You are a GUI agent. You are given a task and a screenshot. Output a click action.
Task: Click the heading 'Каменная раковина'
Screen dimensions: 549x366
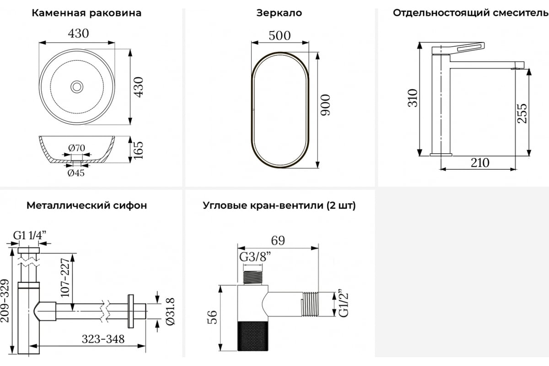[x=86, y=13]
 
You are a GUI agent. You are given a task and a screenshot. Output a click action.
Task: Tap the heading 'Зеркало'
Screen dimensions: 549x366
[x=279, y=13]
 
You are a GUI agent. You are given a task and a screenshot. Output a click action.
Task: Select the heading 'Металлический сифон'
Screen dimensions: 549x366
[x=87, y=205]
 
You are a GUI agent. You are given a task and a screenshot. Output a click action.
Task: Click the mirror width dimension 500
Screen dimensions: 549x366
[x=280, y=36]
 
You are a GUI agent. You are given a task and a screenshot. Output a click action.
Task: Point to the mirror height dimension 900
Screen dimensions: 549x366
[x=325, y=105]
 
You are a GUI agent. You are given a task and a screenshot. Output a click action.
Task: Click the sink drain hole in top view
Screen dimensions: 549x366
[x=77, y=86]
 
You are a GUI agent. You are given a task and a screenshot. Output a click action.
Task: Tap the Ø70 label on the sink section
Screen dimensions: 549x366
[x=77, y=148]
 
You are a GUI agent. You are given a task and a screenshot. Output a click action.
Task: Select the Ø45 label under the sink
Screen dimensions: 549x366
[x=76, y=173]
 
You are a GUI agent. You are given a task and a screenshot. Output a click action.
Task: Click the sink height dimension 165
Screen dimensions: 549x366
[x=138, y=150]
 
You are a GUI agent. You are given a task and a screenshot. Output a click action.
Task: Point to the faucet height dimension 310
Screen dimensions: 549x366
[x=413, y=98]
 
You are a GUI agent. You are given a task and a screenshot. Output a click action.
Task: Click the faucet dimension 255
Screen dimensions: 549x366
[x=522, y=113]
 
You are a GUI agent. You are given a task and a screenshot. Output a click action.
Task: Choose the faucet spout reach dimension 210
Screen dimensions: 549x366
[x=480, y=163]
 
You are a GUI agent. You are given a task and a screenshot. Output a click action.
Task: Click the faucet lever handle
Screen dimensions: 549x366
[x=458, y=48]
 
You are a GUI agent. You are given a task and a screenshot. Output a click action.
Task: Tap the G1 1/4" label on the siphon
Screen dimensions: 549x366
[x=29, y=235]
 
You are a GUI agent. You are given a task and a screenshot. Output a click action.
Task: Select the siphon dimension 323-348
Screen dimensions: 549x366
[x=103, y=339]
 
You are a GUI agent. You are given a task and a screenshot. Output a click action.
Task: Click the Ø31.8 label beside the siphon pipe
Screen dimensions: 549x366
[x=170, y=312]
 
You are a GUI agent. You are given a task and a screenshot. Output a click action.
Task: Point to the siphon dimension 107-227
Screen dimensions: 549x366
[x=65, y=278]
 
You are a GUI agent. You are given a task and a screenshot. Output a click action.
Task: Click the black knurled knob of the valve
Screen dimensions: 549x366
[x=253, y=336]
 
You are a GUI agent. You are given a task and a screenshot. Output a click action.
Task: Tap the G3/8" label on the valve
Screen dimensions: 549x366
[x=255, y=257]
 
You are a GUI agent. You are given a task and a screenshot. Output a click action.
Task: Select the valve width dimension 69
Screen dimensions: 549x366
[x=278, y=241]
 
